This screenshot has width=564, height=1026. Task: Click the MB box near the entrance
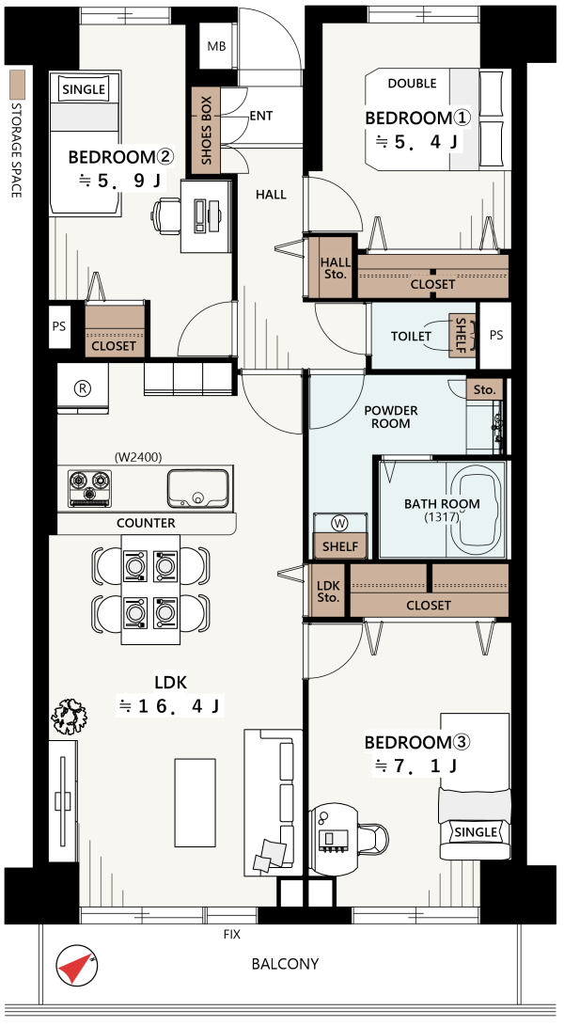(x=216, y=46)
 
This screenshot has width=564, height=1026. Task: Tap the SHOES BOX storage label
(x=207, y=131)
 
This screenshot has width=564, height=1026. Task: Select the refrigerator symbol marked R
(x=83, y=388)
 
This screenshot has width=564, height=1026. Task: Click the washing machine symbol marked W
(x=339, y=523)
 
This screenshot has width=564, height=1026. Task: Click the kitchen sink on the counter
(x=198, y=488)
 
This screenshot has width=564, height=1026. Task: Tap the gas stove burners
(x=89, y=488)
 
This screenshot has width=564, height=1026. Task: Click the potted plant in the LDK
(x=69, y=715)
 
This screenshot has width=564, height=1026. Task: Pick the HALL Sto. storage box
(x=335, y=268)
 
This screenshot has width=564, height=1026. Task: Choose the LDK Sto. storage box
(x=328, y=592)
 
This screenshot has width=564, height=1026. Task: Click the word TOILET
(x=411, y=337)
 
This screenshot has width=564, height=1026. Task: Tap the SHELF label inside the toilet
(x=461, y=336)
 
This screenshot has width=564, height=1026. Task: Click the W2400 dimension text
(x=138, y=457)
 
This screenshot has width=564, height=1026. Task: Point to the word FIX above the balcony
(x=231, y=935)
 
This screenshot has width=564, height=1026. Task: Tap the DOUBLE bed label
(x=413, y=83)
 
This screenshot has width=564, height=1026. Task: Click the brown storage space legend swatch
(x=17, y=83)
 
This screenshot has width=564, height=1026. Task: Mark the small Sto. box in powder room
(x=485, y=389)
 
